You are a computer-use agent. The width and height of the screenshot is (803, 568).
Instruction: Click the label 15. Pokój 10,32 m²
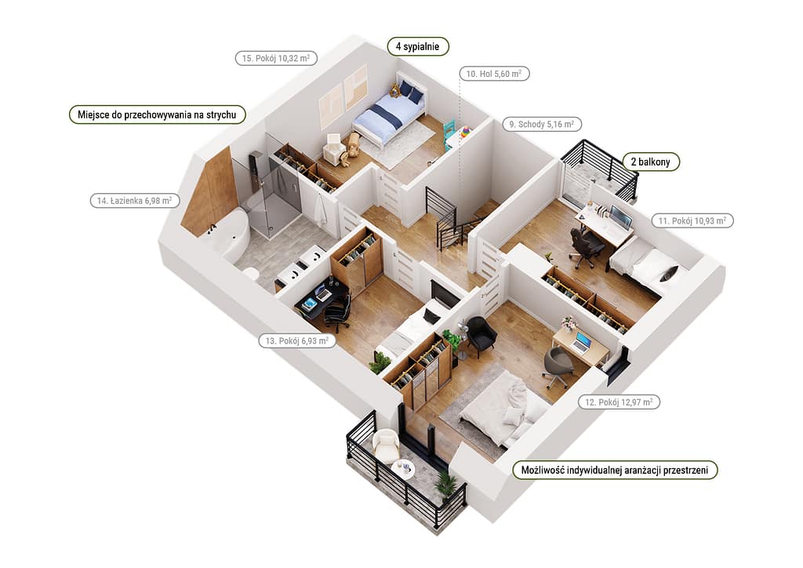276,58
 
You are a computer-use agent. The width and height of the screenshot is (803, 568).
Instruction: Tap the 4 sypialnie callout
417,46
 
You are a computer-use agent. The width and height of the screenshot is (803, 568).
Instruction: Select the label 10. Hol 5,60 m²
494,74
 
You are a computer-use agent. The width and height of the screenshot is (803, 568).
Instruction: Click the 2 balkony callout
650,162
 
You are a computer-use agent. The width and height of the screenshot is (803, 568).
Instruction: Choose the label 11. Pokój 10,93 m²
692,220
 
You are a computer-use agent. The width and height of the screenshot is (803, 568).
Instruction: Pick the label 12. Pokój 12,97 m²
619,402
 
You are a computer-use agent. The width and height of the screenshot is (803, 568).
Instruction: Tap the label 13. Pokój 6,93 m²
297,340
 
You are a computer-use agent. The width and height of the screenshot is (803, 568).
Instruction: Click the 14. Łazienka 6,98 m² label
135,200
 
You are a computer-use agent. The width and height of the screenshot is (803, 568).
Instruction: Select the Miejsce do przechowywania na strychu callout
157,115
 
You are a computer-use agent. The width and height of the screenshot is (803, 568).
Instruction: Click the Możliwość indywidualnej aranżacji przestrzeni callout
615,470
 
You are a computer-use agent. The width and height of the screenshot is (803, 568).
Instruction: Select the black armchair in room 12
481,334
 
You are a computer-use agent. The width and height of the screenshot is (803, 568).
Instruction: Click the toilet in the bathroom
252,273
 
